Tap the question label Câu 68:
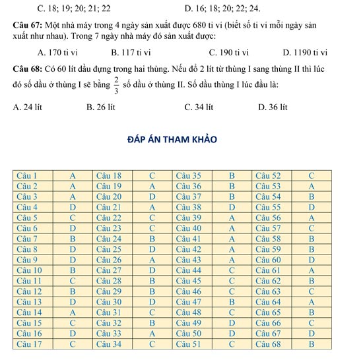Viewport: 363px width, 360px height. (x=27, y=69)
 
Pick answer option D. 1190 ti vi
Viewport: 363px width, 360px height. (x=305, y=53)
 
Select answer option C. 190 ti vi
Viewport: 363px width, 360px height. (x=228, y=53)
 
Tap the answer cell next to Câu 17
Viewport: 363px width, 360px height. (x=73, y=344)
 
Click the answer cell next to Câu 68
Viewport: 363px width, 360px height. (x=312, y=344)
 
